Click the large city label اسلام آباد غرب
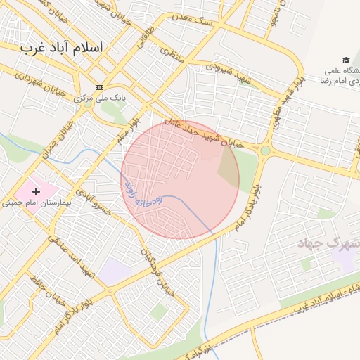[61, 47]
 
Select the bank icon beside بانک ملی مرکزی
[99, 86]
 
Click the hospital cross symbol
[36, 191]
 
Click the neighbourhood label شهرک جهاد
[329, 243]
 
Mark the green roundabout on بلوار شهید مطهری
[265, 150]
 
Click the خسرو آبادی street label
[94, 203]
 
